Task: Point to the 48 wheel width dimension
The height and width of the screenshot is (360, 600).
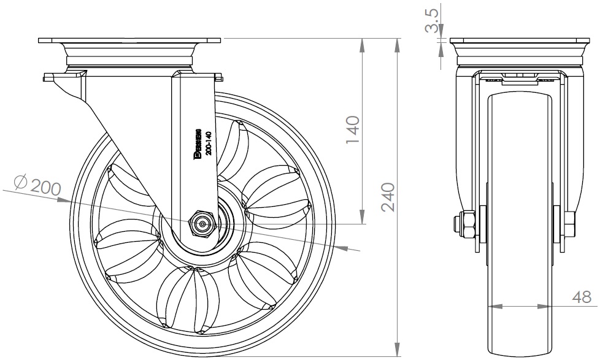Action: coord(582,297)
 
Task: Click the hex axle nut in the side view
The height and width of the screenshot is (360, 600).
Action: coord(202,224)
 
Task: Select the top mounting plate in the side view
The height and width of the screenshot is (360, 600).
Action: coord(129,41)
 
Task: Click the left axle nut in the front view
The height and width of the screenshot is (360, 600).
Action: coord(465,225)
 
